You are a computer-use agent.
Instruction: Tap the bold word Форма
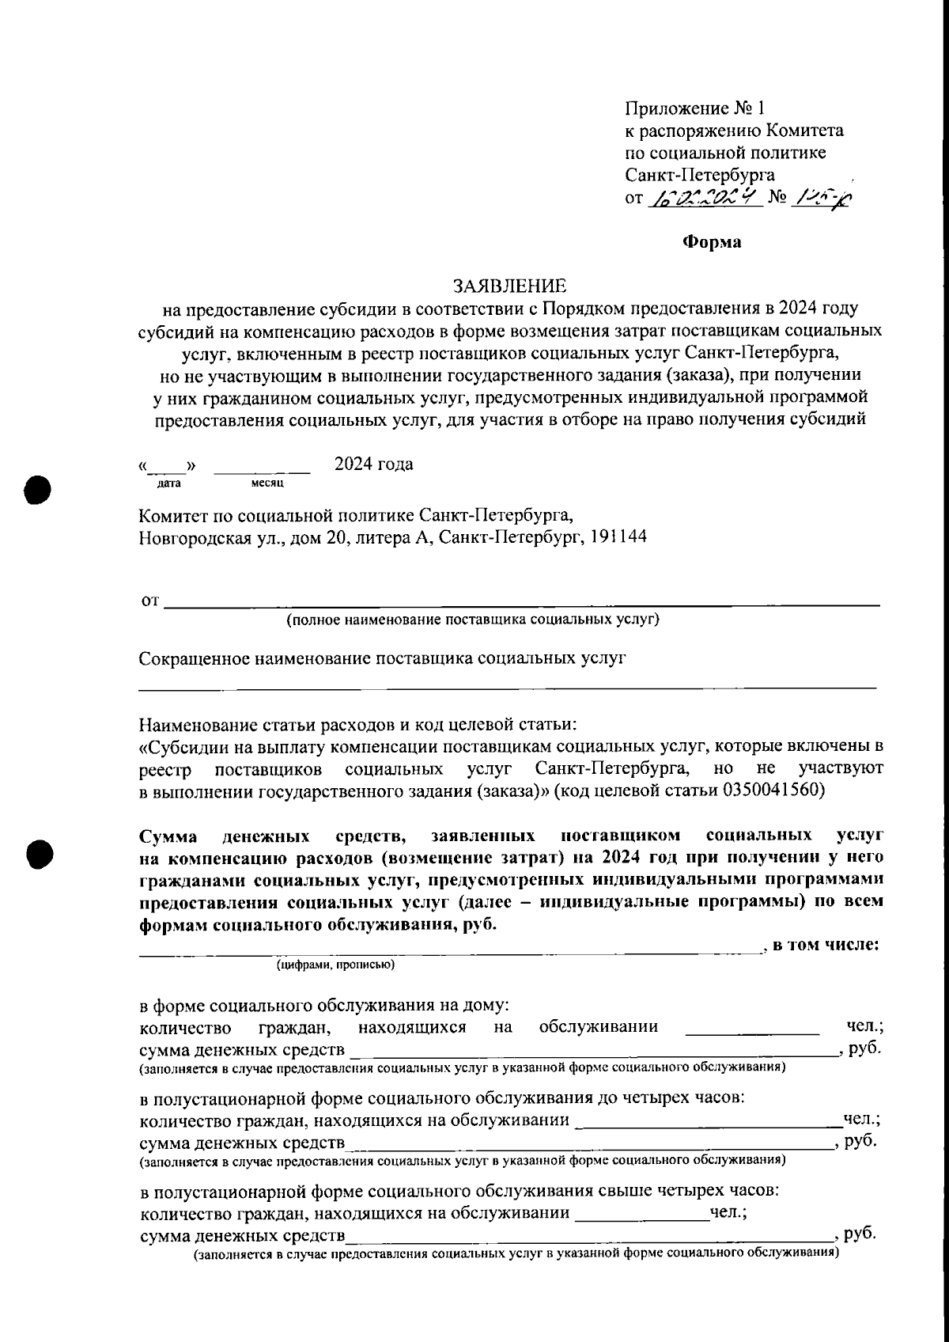(712, 242)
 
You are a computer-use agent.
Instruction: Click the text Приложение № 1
(695, 108)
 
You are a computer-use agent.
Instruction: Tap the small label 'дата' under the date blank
(169, 482)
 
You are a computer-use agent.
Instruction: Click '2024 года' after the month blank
(374, 464)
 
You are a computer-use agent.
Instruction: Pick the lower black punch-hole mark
(36, 853)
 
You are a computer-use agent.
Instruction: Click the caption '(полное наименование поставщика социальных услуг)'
(473, 619)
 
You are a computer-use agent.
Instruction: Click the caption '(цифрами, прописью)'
(335, 965)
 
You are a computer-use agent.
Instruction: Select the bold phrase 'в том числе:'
(826, 944)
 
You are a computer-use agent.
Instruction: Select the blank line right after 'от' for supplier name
(522, 604)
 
